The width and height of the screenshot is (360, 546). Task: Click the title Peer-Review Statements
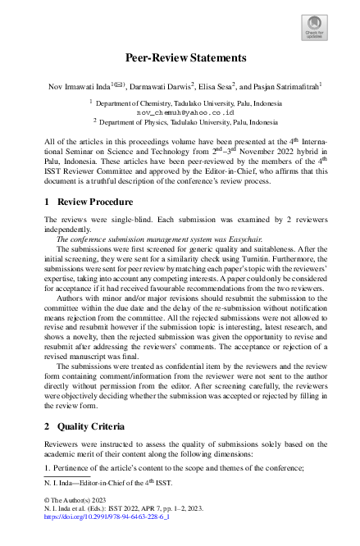180,58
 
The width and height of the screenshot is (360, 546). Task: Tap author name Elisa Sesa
218,84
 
